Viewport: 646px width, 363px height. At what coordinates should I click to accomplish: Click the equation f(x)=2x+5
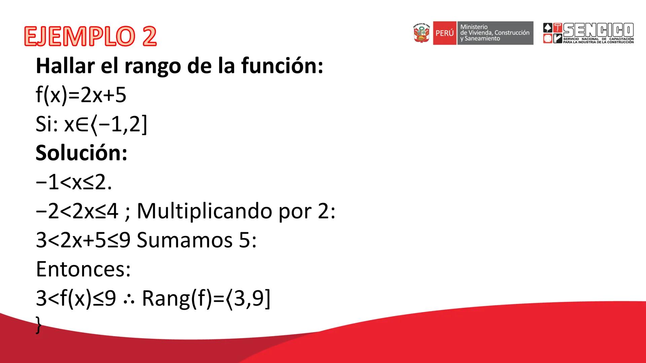click(81, 95)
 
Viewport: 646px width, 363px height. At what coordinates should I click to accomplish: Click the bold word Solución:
click(81, 153)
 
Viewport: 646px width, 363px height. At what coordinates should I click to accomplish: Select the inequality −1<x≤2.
click(73, 183)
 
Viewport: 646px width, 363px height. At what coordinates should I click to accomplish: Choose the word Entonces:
click(83, 269)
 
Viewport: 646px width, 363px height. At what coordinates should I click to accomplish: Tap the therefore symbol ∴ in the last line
click(129, 299)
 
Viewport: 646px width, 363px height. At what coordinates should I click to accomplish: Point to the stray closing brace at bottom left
click(39, 326)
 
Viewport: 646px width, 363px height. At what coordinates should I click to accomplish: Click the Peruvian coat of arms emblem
click(422, 33)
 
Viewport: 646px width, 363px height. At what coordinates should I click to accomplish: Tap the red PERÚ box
click(444, 33)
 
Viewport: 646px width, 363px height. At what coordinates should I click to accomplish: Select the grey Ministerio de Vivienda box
click(495, 33)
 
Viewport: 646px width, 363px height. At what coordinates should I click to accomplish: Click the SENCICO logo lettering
click(598, 30)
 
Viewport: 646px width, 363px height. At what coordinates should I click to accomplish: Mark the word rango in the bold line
click(153, 67)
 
